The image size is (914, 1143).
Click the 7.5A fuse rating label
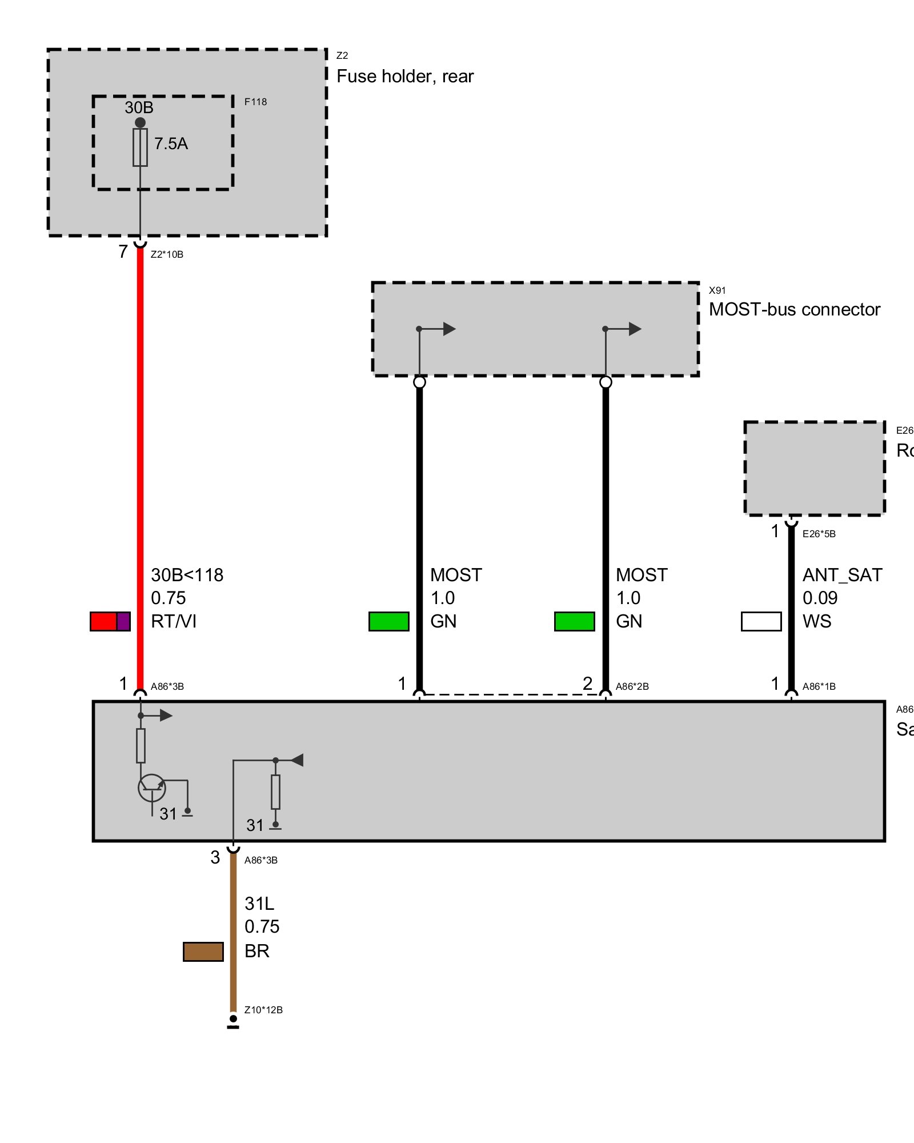tap(171, 143)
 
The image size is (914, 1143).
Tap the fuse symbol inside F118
tap(140, 147)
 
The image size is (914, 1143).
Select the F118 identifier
tap(255, 102)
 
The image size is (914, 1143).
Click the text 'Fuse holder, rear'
tap(405, 77)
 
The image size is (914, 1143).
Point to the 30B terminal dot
tap(140, 122)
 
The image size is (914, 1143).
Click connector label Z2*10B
tap(167, 254)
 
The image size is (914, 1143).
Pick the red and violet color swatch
tap(110, 621)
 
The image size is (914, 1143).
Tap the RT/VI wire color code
tap(174, 621)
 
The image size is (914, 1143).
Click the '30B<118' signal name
tap(187, 575)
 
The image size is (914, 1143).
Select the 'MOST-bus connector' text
tap(794, 310)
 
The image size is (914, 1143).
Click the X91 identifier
tap(717, 290)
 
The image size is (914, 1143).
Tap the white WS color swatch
tap(761, 621)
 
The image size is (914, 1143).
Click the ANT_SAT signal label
tap(842, 575)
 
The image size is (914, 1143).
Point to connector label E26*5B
tap(819, 534)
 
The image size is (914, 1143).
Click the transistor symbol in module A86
tap(152, 788)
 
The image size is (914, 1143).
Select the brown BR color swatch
tap(203, 952)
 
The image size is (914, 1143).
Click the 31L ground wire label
tap(259, 904)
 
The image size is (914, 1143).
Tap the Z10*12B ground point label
tap(263, 1010)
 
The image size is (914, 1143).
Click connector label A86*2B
tap(632, 686)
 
